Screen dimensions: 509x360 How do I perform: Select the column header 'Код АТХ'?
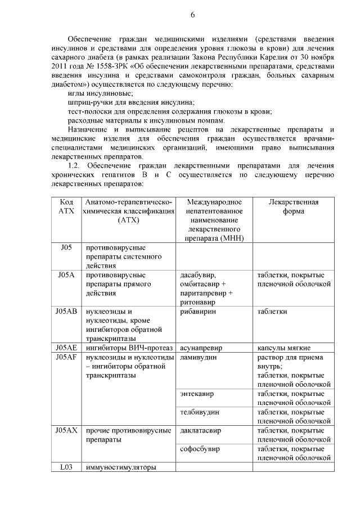(66, 206)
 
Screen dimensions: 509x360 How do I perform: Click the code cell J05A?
(66, 275)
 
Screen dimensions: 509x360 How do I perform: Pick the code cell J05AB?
(66, 311)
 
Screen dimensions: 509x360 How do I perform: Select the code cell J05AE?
(66, 348)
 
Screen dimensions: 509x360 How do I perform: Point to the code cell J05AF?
(66, 357)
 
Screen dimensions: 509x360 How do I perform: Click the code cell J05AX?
(66, 430)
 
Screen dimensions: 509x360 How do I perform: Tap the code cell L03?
(66, 467)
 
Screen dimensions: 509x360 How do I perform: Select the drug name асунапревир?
(202, 348)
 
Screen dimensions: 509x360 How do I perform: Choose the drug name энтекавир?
(197, 393)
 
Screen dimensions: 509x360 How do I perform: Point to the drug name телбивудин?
(200, 412)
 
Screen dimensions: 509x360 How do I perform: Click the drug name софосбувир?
(200, 449)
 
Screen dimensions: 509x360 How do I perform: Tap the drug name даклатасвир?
(201, 430)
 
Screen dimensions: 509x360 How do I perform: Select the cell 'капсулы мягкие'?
(284, 348)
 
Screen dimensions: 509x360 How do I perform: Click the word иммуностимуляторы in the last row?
(120, 467)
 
